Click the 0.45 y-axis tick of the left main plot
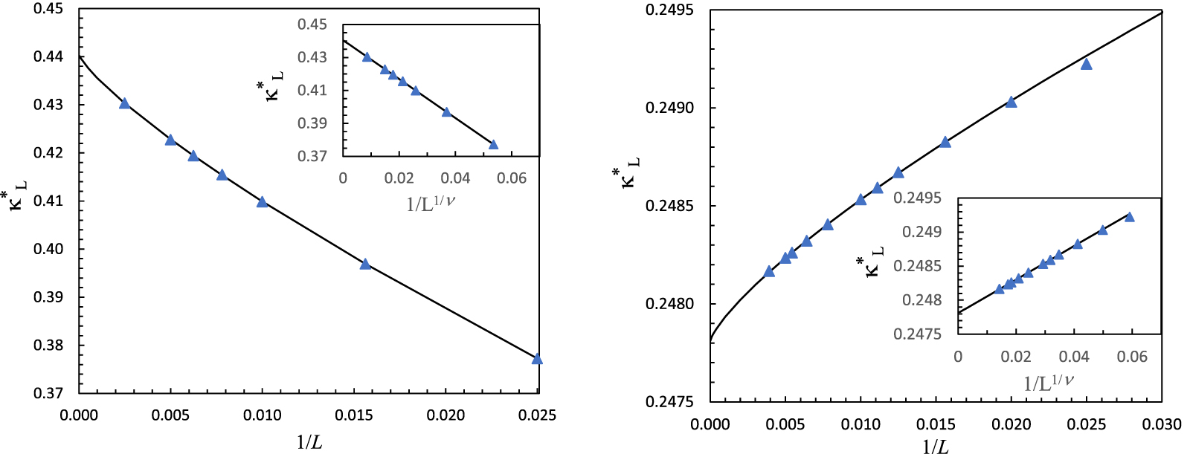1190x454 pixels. click(48, 9)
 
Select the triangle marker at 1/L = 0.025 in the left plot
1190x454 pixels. click(537, 360)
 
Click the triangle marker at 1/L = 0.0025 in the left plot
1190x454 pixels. click(124, 103)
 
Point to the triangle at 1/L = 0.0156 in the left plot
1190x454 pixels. click(365, 264)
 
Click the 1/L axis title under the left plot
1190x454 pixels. click(309, 442)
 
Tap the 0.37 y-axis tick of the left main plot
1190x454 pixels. click(48, 393)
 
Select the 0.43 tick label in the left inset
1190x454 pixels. click(312, 57)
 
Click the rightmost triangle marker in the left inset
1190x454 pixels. click(493, 144)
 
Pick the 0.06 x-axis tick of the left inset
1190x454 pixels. click(512, 178)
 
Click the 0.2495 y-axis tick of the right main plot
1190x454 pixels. click(669, 10)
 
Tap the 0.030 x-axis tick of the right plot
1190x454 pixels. click(1162, 424)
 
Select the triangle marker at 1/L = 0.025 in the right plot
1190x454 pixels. click(1087, 65)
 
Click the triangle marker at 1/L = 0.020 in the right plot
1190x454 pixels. click(1011, 102)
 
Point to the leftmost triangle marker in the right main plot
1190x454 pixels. click(769, 271)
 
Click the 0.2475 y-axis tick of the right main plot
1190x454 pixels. click(669, 402)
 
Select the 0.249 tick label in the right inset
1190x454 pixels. click(922, 232)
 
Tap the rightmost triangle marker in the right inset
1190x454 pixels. click(1130, 217)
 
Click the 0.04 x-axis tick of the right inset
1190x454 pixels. click(1074, 357)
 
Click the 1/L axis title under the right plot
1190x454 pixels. click(935, 446)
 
